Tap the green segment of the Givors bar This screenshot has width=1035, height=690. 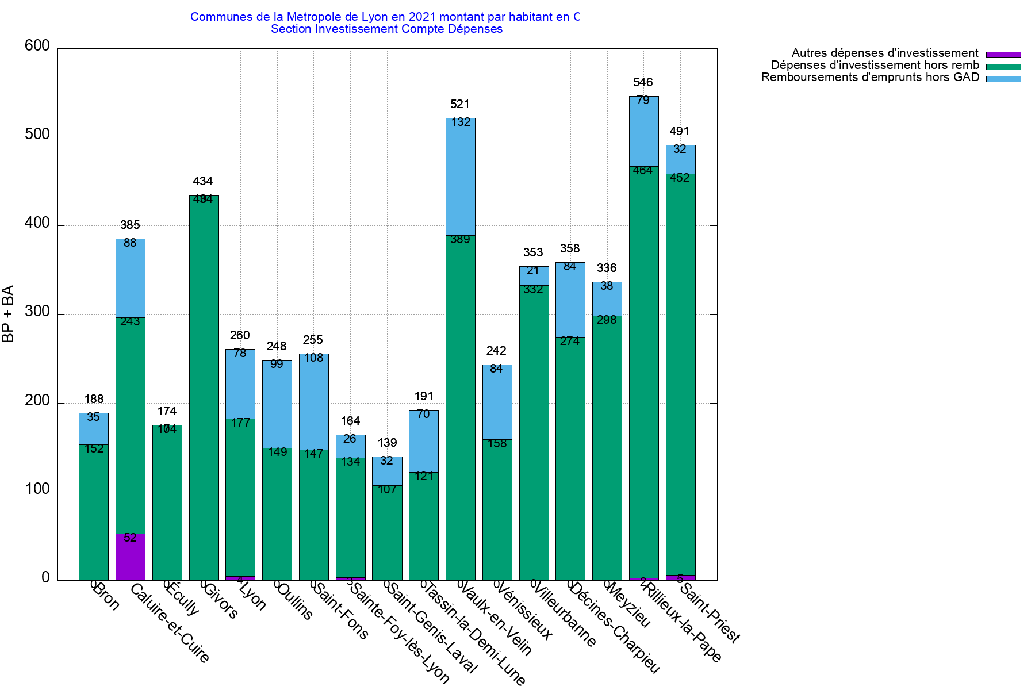[204, 391]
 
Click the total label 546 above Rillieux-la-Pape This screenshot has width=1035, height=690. [643, 82]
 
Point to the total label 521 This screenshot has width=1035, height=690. [460, 104]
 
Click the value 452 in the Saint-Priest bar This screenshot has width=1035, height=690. [680, 178]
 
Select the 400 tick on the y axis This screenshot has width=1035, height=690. [37, 224]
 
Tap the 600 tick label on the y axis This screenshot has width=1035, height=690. [37, 46]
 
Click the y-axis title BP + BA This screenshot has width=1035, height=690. [8, 314]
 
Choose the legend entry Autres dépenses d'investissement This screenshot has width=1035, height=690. [885, 53]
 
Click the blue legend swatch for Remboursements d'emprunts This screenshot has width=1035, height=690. [1003, 79]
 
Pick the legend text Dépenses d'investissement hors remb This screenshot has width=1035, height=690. [875, 66]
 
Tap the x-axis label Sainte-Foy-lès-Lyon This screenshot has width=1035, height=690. [400, 632]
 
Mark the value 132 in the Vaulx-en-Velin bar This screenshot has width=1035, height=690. [461, 122]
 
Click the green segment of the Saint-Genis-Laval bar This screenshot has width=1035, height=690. [388, 535]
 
